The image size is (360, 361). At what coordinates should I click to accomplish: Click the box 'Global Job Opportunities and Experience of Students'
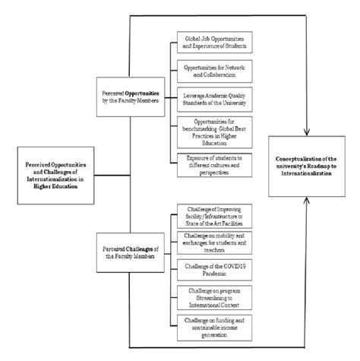(x=214, y=42)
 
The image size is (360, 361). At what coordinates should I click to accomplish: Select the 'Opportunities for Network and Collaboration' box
(x=214, y=71)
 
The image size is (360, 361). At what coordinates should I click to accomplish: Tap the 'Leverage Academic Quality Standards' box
(x=214, y=100)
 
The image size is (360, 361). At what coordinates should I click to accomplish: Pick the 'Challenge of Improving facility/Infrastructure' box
(x=214, y=214)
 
